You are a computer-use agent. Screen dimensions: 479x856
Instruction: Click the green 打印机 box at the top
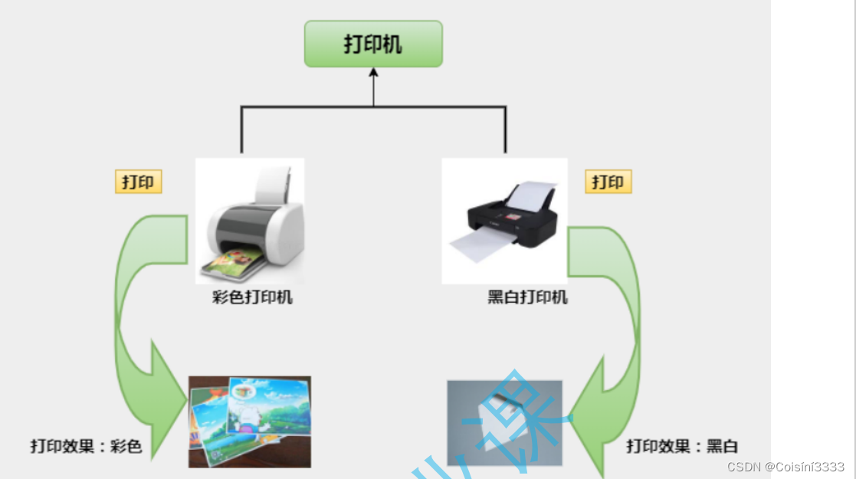tap(373, 44)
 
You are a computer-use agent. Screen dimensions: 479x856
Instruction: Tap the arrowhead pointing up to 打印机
tap(374, 74)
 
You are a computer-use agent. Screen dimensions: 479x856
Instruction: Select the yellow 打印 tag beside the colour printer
tap(139, 182)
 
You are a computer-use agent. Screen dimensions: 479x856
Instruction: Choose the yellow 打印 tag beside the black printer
tap(608, 182)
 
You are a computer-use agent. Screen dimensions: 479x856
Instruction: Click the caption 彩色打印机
tap(252, 297)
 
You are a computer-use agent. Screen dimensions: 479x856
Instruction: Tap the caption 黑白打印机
tap(527, 297)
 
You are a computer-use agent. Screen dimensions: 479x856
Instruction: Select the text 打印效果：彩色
tap(86, 445)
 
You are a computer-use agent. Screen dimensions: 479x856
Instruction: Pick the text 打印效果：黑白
tap(682, 445)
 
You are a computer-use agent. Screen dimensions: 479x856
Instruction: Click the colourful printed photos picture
tap(250, 421)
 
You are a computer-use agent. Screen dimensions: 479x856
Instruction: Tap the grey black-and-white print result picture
tap(504, 422)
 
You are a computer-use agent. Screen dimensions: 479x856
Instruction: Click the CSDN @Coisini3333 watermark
tap(785, 467)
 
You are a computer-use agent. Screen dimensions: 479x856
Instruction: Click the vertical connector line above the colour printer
tap(242, 130)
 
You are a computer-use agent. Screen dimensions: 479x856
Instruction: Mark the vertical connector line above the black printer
tap(505, 130)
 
